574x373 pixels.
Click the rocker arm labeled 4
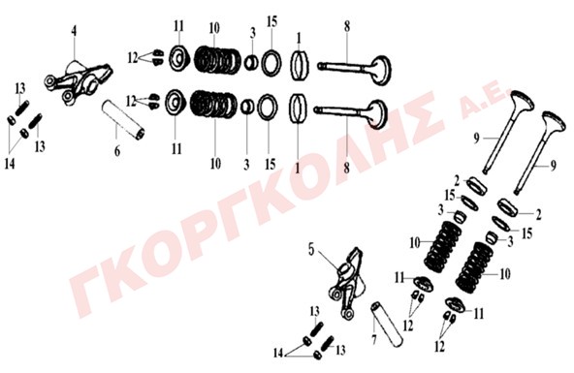click(x=79, y=82)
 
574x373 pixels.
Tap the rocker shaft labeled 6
click(x=123, y=119)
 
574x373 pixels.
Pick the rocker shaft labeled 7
click(x=388, y=325)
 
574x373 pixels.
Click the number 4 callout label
click(x=75, y=31)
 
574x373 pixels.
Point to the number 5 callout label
click(x=311, y=250)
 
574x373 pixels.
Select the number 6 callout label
click(x=117, y=150)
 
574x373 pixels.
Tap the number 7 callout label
click(x=373, y=340)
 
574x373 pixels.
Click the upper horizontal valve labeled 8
click(x=354, y=69)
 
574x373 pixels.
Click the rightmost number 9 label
click(x=553, y=166)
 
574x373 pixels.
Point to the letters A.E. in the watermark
click(x=484, y=104)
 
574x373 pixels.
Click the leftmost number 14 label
click(x=10, y=164)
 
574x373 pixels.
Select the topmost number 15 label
click(x=271, y=21)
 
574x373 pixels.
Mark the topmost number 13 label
click(x=20, y=88)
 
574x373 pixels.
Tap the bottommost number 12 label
click(x=439, y=346)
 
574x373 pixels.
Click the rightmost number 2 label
click(x=538, y=215)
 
